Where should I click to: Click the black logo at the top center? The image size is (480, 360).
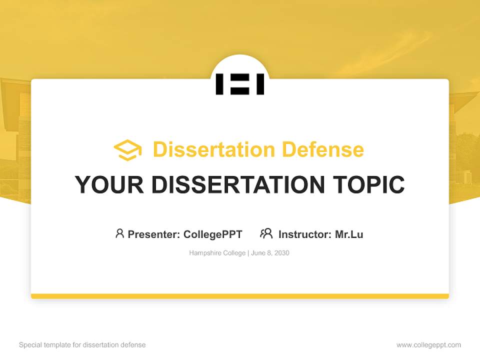point(240,84)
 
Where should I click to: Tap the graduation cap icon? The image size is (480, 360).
point(127,150)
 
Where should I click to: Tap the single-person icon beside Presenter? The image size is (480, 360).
point(119,233)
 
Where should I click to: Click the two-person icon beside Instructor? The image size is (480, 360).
point(266,233)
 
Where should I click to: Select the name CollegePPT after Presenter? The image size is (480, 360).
point(213,234)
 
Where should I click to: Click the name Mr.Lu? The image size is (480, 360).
point(349,234)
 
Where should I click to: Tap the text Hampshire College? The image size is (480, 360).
point(217,253)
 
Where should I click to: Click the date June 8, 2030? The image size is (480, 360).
point(270,253)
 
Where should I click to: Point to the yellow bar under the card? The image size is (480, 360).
point(240,296)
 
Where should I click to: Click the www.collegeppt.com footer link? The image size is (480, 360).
point(428,345)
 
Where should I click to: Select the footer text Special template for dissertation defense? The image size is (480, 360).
point(82,345)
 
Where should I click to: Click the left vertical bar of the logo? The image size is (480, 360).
point(219,84)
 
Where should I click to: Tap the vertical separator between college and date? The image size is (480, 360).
point(248,253)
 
